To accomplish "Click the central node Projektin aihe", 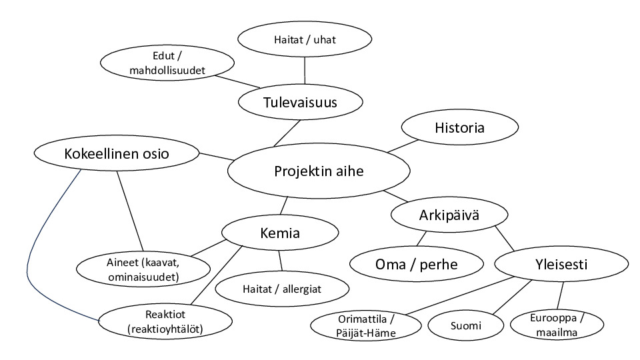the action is click(319, 171).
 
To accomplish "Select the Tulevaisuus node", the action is click(301, 102).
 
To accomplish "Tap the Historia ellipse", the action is click(460, 127).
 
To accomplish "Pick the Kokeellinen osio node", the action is click(117, 153).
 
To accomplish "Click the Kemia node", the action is click(280, 233).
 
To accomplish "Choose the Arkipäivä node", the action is click(449, 215).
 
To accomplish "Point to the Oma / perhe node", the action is click(417, 264).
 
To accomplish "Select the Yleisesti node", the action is click(561, 264).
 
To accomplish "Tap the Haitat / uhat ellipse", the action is click(305, 39).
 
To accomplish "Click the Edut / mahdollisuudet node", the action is click(167, 63).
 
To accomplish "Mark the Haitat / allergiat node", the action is click(282, 289).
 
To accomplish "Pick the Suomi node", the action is click(466, 325).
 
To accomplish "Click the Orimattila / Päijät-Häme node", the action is click(366, 326).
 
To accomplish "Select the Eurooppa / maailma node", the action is click(557, 325).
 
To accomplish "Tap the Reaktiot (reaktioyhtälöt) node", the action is click(165, 321).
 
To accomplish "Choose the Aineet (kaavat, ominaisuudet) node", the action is click(143, 269).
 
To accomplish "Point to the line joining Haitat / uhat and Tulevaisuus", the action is click(305, 71).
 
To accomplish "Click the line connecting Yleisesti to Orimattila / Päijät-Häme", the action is click(461, 295).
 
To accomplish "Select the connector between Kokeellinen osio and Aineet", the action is click(130, 211).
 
